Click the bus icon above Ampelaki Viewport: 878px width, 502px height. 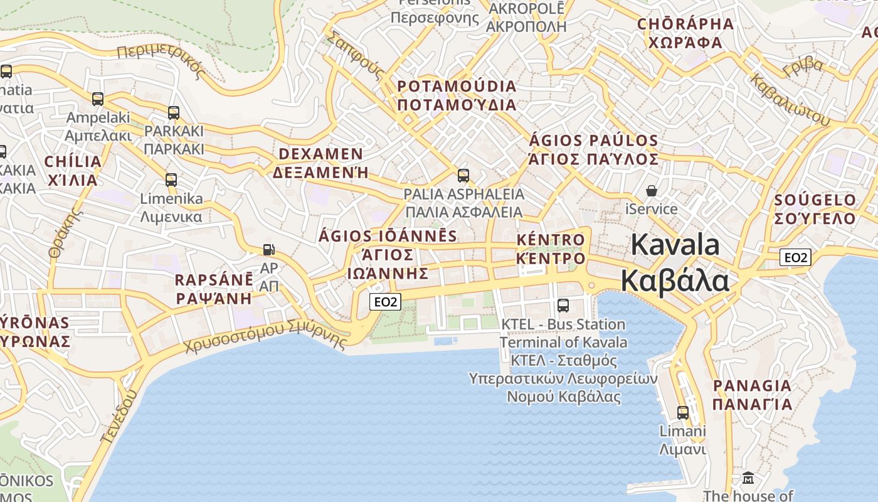[98, 99]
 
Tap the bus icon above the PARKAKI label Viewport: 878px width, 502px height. [174, 113]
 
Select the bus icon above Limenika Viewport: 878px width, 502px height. [171, 180]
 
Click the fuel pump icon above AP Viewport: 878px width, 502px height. [268, 250]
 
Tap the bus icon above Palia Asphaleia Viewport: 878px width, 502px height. [463, 176]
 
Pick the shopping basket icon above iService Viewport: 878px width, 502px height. [652, 190]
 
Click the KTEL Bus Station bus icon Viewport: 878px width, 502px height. [563, 306]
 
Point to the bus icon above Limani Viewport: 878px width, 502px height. [683, 413]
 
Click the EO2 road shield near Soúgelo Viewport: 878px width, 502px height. [796, 257]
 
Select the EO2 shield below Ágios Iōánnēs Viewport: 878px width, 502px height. [385, 302]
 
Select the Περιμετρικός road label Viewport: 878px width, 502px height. [161, 60]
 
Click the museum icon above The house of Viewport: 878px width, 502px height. [748, 478]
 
